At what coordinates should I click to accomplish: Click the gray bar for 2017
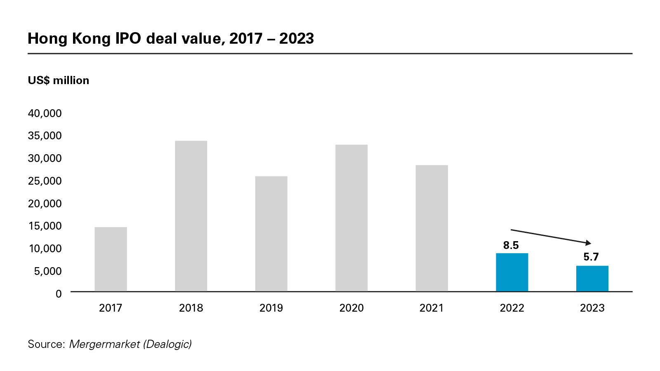(x=111, y=259)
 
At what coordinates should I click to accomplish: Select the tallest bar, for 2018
(x=191, y=216)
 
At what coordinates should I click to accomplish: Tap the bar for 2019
(x=271, y=234)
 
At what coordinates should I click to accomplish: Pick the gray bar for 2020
(x=351, y=218)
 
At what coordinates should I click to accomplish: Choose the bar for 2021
(x=431, y=228)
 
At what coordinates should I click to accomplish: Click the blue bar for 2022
(x=512, y=272)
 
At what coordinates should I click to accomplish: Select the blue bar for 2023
(x=592, y=279)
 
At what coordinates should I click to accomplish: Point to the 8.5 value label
(x=511, y=245)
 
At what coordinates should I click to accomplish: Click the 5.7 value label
(x=591, y=257)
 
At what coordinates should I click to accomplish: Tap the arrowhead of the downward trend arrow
(x=589, y=243)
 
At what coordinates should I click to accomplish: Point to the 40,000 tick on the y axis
(x=45, y=113)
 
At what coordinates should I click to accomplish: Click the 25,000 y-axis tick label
(x=45, y=181)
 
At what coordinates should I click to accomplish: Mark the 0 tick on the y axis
(x=59, y=294)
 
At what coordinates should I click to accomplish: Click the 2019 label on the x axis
(x=271, y=308)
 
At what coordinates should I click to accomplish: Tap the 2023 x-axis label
(x=592, y=308)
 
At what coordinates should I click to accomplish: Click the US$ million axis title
(x=59, y=80)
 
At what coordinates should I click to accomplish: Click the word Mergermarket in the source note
(x=104, y=344)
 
